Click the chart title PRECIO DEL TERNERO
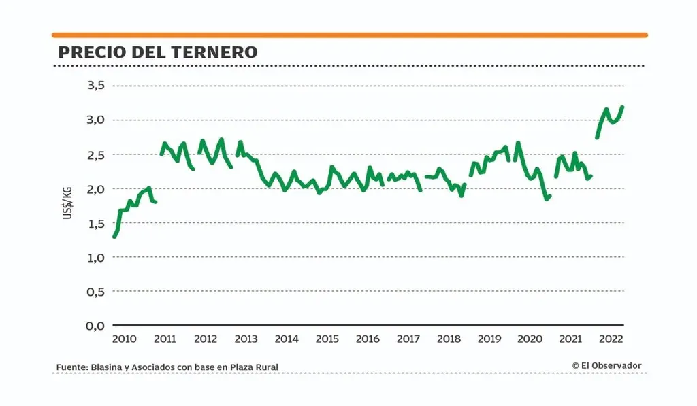(158, 52)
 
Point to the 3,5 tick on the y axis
(95, 86)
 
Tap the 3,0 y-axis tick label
(95, 120)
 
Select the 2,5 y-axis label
(95, 154)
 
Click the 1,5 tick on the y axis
(95, 223)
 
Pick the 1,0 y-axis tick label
(95, 257)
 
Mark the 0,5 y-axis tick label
(95, 291)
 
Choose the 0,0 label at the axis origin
(95, 326)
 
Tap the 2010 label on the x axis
(124, 339)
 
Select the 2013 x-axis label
(246, 339)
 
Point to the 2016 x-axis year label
(368, 339)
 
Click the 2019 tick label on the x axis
(489, 339)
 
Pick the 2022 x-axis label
(611, 339)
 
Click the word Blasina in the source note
(104, 367)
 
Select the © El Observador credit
(607, 366)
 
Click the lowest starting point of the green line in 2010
(114, 236)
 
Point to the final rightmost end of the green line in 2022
(622, 107)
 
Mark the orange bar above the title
(350, 35)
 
